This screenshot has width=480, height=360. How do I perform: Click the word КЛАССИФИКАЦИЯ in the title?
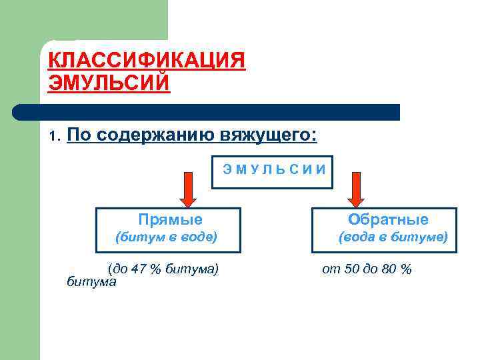click(x=147, y=61)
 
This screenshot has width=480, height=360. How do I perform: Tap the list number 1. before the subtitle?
click(x=55, y=137)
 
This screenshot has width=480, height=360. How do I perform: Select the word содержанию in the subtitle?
click(x=154, y=135)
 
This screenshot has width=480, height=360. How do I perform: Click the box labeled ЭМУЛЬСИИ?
click(x=273, y=169)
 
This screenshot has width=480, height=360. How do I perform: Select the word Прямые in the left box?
click(x=170, y=219)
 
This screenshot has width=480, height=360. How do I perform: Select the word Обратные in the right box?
click(x=389, y=219)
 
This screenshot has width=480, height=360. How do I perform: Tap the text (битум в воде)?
click(x=166, y=237)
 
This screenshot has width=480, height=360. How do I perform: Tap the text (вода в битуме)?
click(x=393, y=237)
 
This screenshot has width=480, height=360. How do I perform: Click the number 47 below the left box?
click(x=138, y=269)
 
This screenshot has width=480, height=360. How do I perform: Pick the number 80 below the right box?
click(x=389, y=269)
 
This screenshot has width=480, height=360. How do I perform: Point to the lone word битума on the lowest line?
click(x=91, y=282)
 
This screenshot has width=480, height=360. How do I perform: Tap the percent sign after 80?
click(x=406, y=269)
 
